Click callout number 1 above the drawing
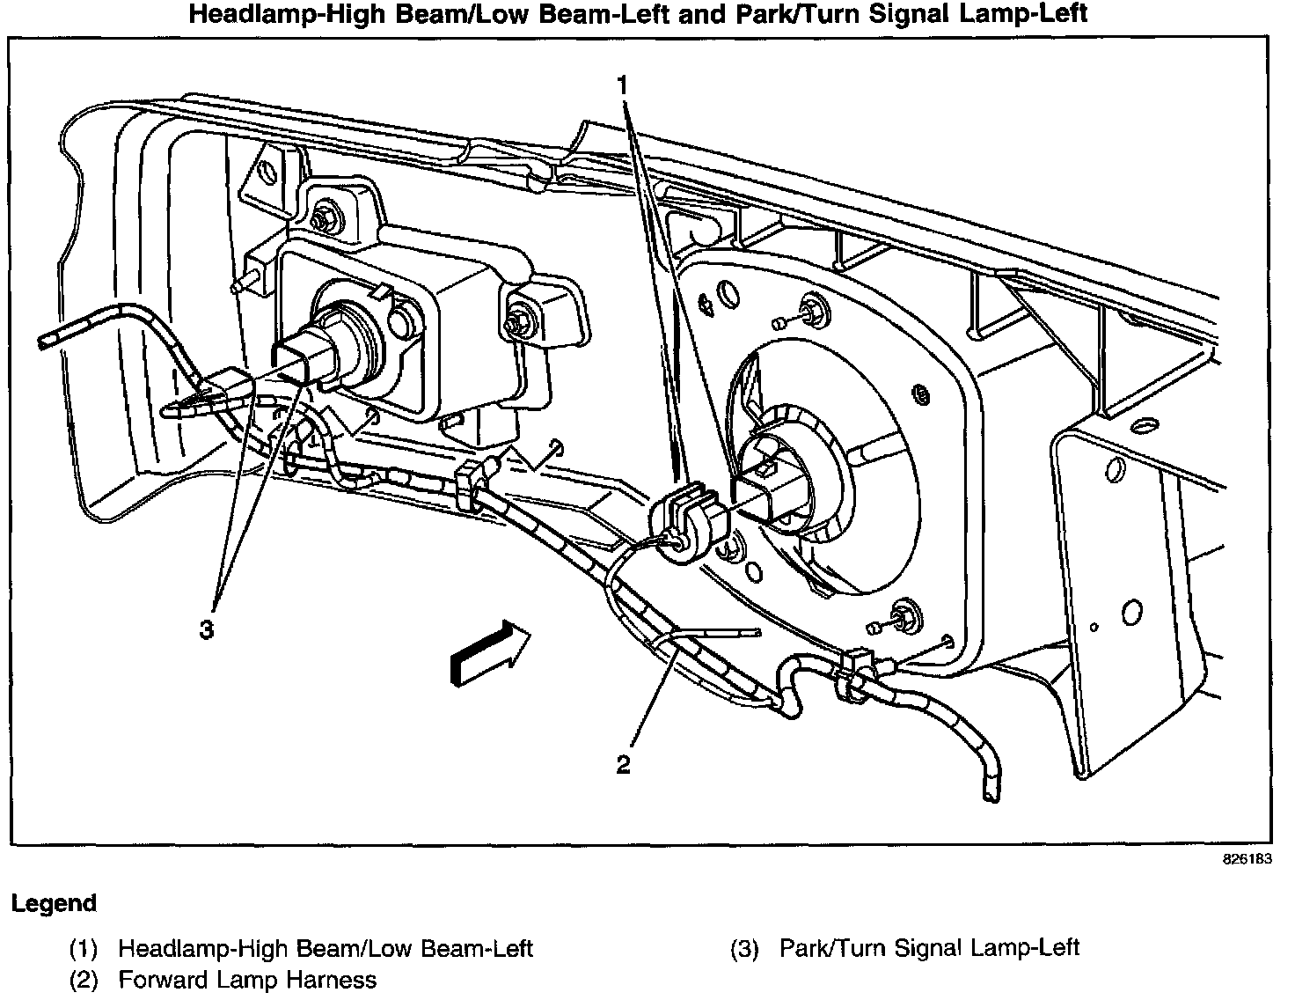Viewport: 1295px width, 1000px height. pos(623,86)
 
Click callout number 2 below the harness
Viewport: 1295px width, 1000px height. pos(623,765)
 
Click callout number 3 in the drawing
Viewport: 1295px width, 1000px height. pos(206,629)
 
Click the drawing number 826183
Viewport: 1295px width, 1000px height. pos(1247,859)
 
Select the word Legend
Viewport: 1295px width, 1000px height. pos(54,903)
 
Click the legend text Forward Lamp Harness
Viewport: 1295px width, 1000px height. pos(247,980)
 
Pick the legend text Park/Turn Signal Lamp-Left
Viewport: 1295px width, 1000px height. pos(929,947)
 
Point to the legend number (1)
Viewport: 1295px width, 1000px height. pos(84,948)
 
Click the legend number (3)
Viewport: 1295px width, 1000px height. pos(745,948)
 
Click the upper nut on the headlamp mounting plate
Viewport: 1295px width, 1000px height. pos(810,309)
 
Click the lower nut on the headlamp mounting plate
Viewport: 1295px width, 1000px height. pos(901,615)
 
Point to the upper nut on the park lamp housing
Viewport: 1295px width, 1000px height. pos(326,214)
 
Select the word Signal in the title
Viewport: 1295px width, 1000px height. pos(908,14)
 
